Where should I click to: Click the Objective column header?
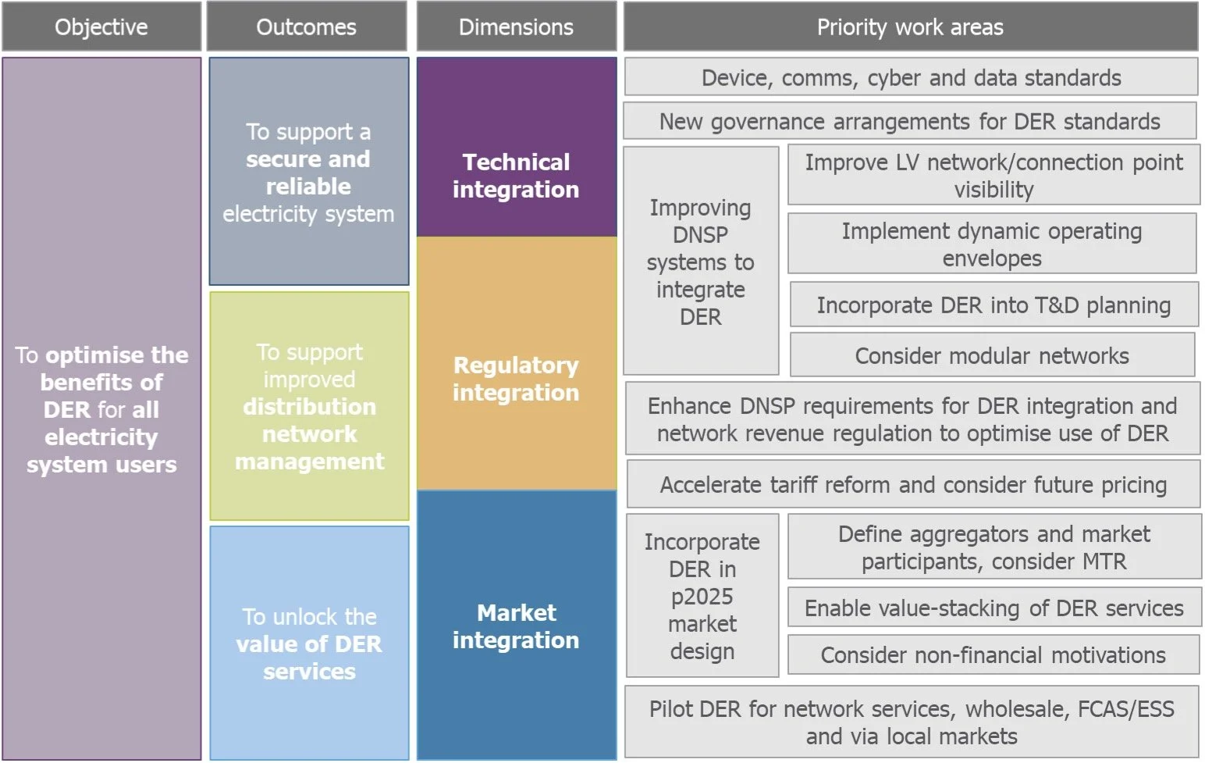coord(101,27)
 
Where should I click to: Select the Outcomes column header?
coord(307,27)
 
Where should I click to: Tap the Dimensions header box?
coord(516,27)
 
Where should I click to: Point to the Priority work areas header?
coord(910,27)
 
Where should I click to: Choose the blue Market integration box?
coord(516,625)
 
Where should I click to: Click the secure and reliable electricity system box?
coord(308,171)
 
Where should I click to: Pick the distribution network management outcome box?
coord(309,406)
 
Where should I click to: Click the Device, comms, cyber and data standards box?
coord(911,77)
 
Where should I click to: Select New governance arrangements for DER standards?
coord(909,121)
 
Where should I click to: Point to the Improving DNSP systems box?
coord(701,261)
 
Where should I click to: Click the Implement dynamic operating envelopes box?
coord(992,244)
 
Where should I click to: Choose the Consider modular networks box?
coord(992,355)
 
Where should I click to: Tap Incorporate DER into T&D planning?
coord(994,305)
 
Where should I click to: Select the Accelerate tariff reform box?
coord(913,484)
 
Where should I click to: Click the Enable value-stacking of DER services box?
coord(994,608)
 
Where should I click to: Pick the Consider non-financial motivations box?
coord(994,654)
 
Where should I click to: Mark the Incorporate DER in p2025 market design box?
coord(702,595)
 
